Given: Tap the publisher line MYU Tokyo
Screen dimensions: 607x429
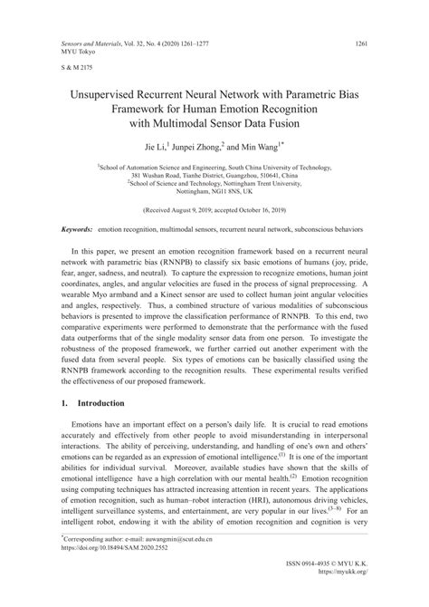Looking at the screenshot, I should click(78, 52).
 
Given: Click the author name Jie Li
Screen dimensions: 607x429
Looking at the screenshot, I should click(157, 146).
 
